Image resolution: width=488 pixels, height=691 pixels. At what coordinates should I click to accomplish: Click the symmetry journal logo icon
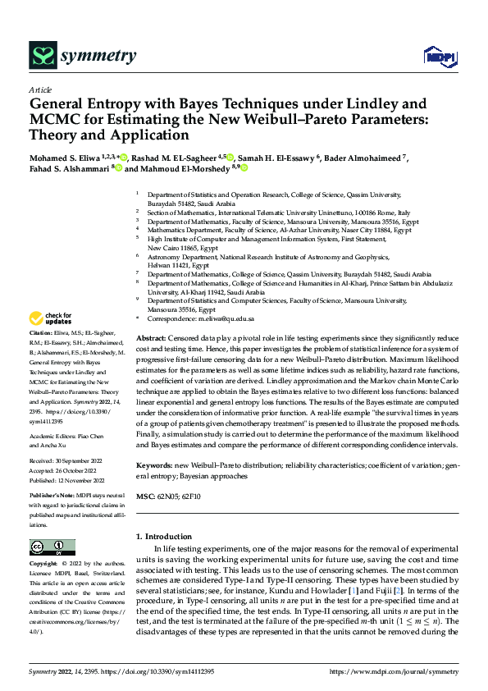click(x=43, y=56)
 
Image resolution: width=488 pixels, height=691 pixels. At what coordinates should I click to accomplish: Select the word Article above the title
click(x=40, y=89)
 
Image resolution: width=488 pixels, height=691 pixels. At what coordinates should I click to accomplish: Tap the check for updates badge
click(x=52, y=318)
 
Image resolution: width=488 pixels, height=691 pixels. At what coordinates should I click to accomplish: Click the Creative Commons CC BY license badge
click(x=52, y=547)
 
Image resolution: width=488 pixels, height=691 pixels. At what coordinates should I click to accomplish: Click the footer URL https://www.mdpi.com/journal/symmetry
click(x=395, y=672)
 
